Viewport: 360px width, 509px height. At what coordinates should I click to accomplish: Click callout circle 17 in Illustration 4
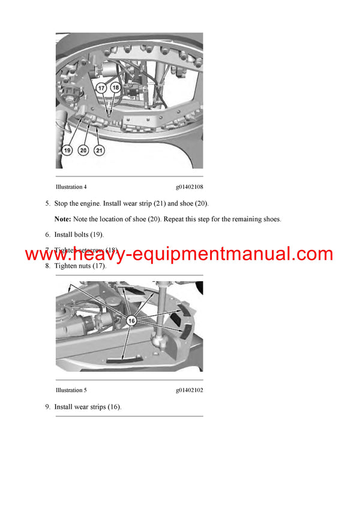click(102, 88)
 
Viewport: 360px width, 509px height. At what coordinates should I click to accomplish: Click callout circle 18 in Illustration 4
click(116, 88)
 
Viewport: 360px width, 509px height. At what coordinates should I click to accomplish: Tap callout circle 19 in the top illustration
click(67, 150)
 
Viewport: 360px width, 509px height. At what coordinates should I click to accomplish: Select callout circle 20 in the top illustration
click(83, 150)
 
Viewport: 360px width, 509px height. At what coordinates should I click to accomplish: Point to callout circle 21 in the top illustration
click(99, 150)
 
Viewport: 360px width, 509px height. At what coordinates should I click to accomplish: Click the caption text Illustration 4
click(71, 187)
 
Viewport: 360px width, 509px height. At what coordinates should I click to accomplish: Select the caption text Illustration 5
click(71, 390)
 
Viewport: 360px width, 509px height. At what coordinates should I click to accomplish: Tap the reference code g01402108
click(189, 187)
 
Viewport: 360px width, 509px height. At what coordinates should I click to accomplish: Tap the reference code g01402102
click(189, 390)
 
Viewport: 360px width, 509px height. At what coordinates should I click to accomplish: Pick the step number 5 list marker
click(47, 203)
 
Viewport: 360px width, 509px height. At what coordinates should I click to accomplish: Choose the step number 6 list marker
click(47, 234)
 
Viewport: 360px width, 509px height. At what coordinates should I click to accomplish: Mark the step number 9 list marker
click(47, 407)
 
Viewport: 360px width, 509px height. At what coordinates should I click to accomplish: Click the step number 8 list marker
click(47, 266)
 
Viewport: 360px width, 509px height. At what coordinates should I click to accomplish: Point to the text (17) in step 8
click(98, 266)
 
